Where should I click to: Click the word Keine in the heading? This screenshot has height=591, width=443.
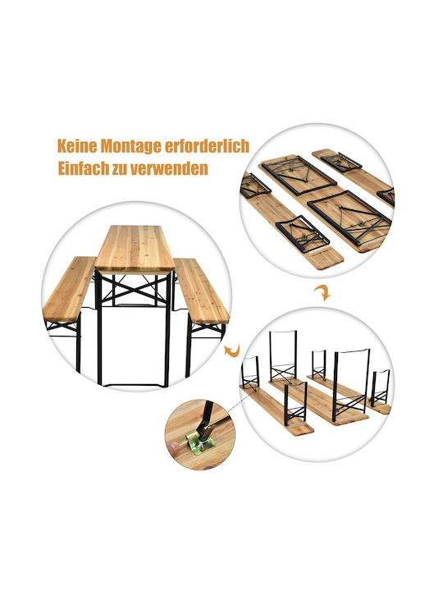(x=77, y=146)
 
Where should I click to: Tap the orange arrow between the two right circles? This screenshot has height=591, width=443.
(x=322, y=292)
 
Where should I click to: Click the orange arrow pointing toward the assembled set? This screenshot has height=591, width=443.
(x=232, y=350)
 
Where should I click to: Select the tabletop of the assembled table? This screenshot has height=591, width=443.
(x=134, y=248)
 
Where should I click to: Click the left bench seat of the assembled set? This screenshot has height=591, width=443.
(x=69, y=287)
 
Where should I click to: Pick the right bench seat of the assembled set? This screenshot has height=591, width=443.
(x=201, y=291)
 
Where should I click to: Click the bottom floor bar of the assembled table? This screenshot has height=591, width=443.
(x=134, y=385)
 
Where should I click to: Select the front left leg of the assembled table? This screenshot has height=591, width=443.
(x=99, y=328)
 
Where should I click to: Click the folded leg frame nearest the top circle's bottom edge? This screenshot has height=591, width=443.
(x=303, y=231)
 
